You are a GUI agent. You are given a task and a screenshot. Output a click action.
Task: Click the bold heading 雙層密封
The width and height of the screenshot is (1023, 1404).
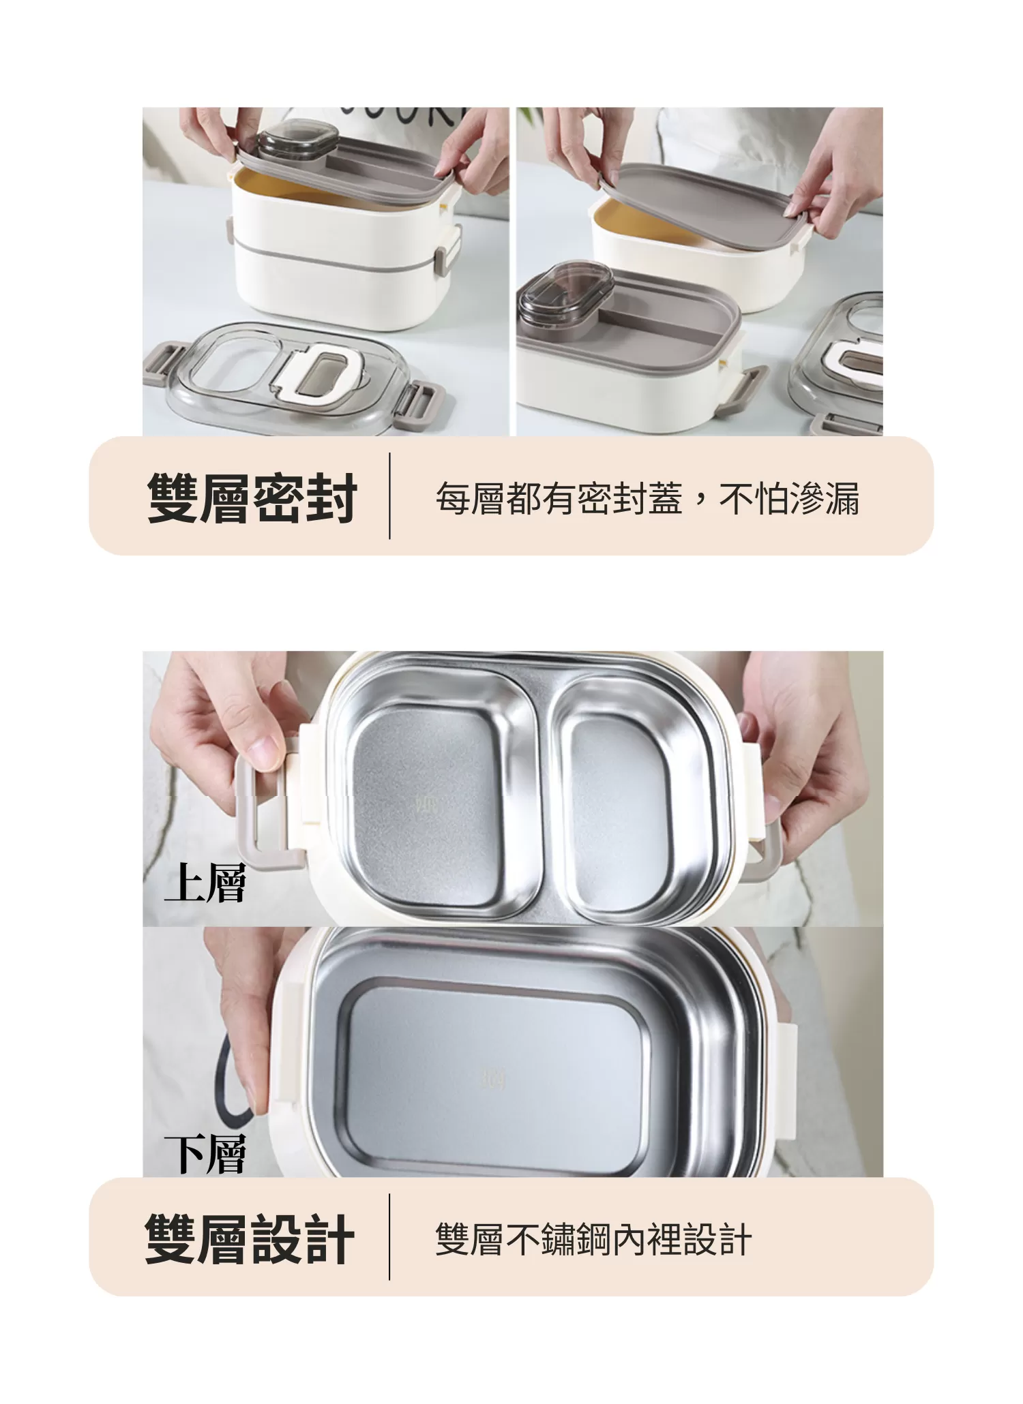[252, 499]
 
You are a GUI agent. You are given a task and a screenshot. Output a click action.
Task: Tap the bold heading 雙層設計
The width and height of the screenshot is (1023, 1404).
[250, 1239]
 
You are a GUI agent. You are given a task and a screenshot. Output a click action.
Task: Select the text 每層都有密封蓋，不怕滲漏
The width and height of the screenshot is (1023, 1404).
[647, 498]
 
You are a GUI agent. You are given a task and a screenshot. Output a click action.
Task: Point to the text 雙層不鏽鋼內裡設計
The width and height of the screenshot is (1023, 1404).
[593, 1239]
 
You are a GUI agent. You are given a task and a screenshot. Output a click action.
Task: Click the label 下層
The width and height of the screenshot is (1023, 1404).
[205, 1154]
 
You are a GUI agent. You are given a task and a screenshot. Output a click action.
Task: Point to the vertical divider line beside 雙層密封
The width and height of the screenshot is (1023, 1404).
[389, 496]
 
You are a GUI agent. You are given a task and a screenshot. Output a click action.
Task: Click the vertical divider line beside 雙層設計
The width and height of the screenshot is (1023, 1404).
[389, 1236]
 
